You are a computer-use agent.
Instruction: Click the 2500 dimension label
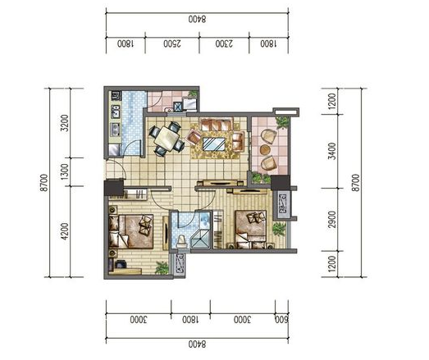click(x=172, y=43)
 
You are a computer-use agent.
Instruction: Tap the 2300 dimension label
click(x=224, y=43)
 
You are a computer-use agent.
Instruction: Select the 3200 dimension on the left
click(x=65, y=123)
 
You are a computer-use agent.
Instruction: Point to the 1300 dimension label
click(x=65, y=171)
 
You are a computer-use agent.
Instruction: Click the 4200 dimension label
click(x=65, y=231)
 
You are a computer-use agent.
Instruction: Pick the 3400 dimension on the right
click(x=332, y=151)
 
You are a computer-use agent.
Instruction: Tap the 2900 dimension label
click(x=332, y=220)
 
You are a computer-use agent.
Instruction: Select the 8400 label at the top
click(x=197, y=19)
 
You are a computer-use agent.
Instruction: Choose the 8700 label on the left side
click(x=43, y=183)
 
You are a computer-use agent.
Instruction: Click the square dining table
click(x=167, y=137)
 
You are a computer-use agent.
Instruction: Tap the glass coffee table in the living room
click(x=214, y=144)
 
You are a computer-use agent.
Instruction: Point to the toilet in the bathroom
click(x=180, y=241)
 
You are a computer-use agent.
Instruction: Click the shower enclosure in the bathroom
click(x=201, y=239)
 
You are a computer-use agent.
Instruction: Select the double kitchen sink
click(x=116, y=112)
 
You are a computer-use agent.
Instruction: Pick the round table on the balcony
click(x=265, y=149)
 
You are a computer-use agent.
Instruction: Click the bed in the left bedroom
click(x=130, y=231)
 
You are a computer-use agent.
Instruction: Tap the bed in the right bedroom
click(x=251, y=229)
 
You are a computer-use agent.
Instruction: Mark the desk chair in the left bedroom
click(x=121, y=264)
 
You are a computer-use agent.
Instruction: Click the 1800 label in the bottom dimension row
click(x=191, y=320)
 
